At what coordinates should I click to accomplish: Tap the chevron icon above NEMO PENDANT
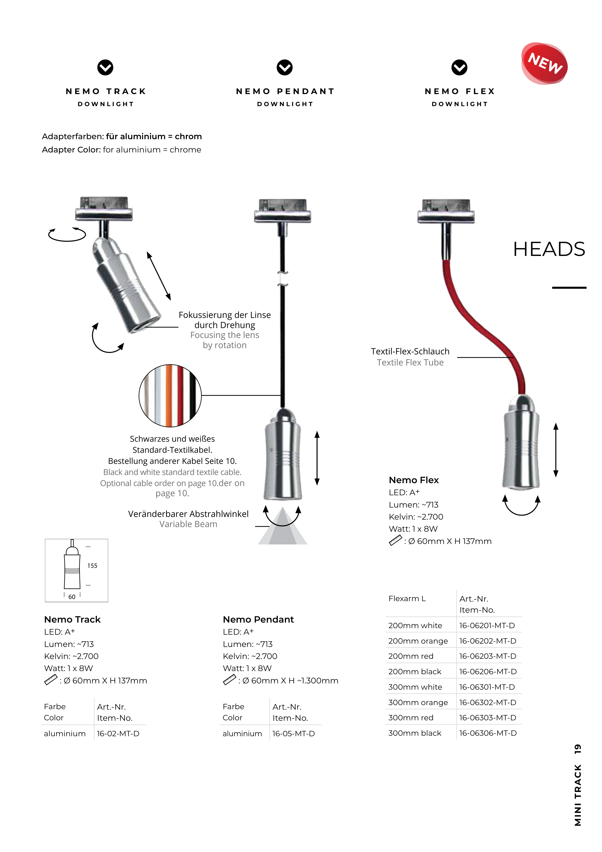click(284, 68)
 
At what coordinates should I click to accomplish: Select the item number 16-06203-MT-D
click(487, 656)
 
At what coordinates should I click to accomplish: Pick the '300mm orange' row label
click(418, 702)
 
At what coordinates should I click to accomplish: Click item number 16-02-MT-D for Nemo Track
click(118, 734)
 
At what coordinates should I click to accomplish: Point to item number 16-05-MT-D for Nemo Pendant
click(293, 734)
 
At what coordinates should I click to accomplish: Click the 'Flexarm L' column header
click(407, 598)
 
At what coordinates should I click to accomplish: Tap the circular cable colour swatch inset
click(170, 396)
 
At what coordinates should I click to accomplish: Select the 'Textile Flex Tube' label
click(410, 363)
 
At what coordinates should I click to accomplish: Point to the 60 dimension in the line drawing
click(72, 597)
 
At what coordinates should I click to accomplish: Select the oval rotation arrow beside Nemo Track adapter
click(67, 234)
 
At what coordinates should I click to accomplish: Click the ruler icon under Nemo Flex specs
click(395, 540)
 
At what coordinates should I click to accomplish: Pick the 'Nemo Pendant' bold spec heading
click(258, 619)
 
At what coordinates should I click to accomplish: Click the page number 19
click(577, 749)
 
